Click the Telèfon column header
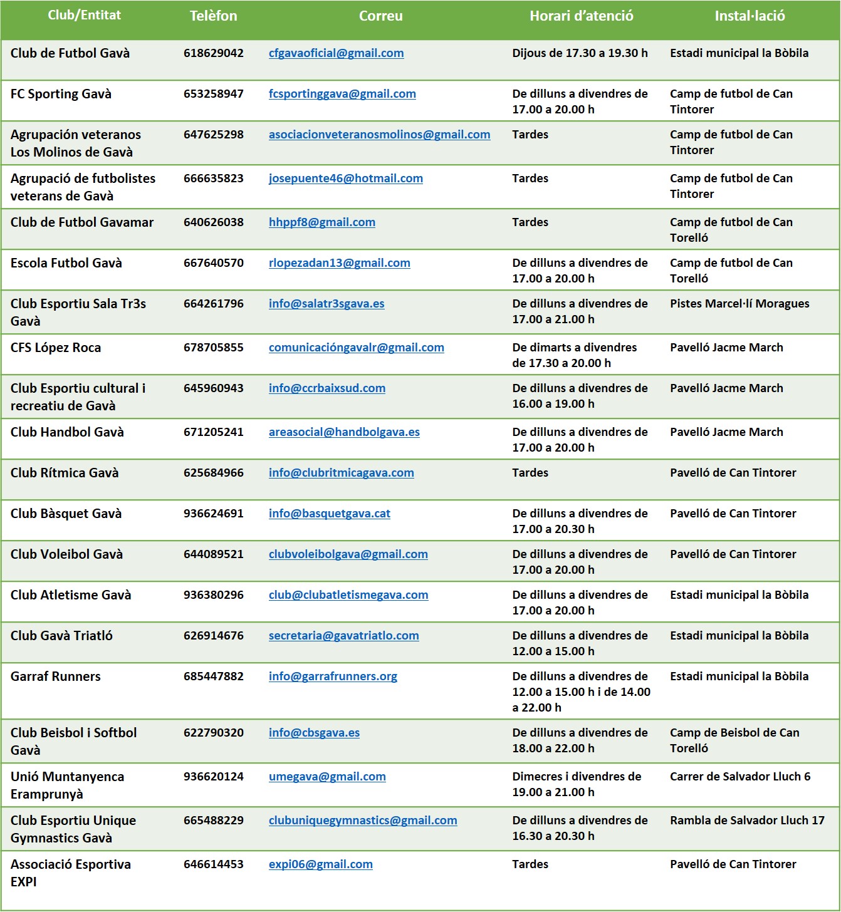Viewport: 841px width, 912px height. pos(213,16)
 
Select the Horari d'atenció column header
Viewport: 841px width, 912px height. pos(581,16)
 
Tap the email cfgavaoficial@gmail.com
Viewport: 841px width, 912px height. pos(336,53)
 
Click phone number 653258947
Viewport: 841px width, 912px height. pos(213,94)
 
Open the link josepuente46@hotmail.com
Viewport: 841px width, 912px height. pos(345,179)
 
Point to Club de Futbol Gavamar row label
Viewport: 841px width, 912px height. pos(82,222)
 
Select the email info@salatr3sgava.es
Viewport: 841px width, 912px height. pos(326,304)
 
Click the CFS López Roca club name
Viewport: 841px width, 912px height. pos(56,348)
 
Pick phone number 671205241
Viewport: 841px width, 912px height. pos(213,432)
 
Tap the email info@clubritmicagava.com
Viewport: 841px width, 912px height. pos(341,473)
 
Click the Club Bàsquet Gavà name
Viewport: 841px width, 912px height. pos(66,514)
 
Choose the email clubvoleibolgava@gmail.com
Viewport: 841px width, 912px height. pos(348,554)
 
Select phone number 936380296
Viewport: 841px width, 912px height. pos(213,595)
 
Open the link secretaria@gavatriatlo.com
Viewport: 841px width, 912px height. pos(343,636)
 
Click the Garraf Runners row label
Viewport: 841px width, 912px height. pos(56,676)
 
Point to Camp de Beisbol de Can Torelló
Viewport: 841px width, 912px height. pos(734,740)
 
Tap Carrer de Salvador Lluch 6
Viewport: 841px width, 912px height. pos(739,777)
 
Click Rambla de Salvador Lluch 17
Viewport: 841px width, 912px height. pos(747,821)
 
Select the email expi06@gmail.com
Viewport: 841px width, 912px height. pos(320,864)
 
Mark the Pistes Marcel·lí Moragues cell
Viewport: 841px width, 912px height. pos(739,304)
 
